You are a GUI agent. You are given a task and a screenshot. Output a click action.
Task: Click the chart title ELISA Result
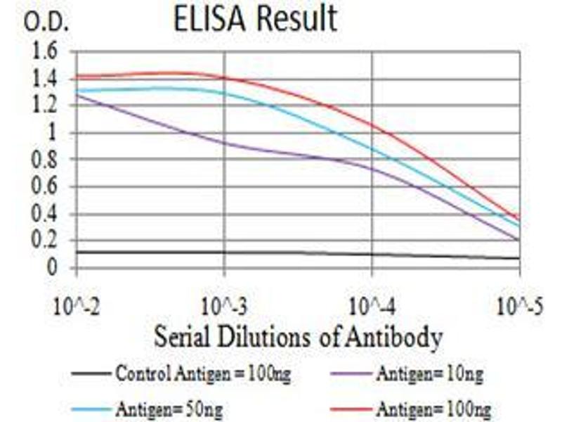pos(255,20)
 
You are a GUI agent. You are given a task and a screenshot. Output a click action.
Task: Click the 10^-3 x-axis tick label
pos(224,307)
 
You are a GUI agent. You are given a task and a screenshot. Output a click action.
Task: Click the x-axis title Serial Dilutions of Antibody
pos(298,337)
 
